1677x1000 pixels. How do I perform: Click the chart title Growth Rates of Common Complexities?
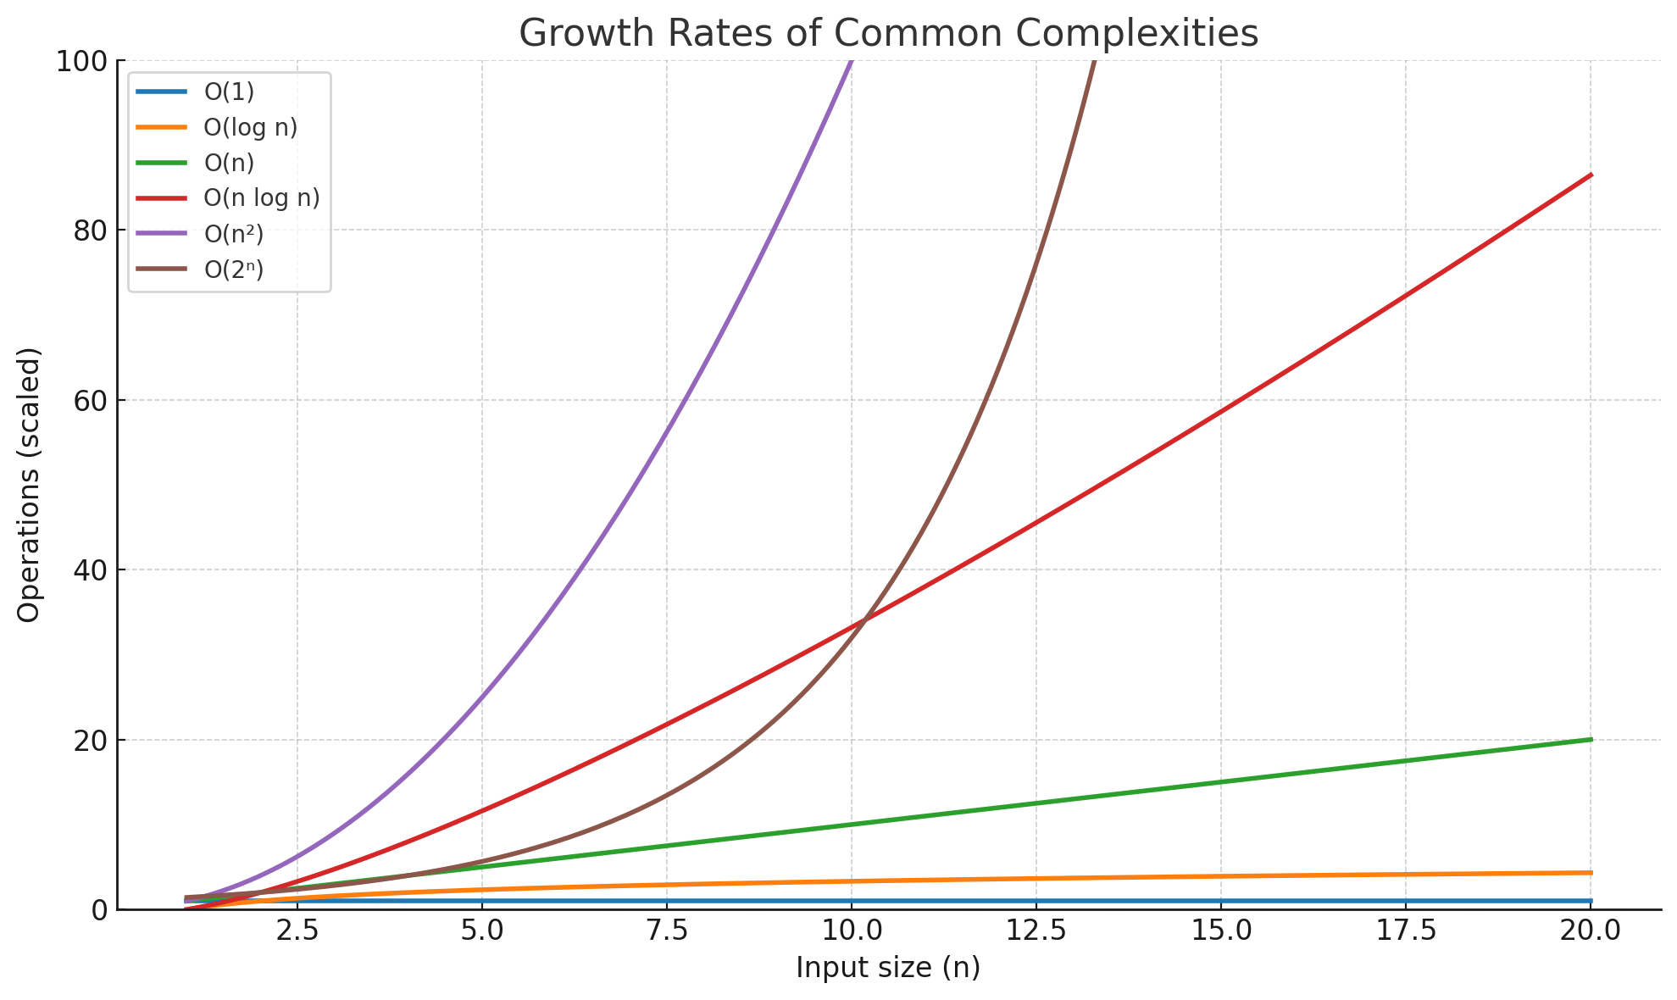(888, 34)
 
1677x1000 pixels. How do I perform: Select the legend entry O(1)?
(229, 92)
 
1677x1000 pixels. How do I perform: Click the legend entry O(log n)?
(250, 127)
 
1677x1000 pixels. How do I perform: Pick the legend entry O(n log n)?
(261, 198)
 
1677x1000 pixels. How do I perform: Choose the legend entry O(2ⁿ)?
(234, 269)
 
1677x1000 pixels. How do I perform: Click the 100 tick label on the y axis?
(81, 61)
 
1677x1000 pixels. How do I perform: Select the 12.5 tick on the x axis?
(1036, 931)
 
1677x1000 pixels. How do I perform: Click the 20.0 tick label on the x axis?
(1590, 931)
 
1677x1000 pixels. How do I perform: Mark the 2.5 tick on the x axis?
(297, 931)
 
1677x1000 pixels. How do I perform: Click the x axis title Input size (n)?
(888, 968)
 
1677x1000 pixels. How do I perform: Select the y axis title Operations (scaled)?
(29, 485)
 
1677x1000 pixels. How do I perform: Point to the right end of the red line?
(1591, 175)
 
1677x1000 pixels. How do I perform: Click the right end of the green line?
(1591, 740)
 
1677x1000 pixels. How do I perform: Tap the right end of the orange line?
(1591, 873)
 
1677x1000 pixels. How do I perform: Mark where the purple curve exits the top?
(851, 61)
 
